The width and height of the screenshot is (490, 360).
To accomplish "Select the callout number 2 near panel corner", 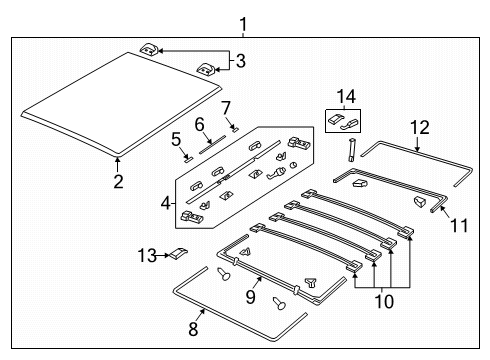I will click(117, 181).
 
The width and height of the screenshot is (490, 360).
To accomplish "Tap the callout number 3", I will click(239, 60).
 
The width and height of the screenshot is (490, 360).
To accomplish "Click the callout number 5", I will click(175, 139).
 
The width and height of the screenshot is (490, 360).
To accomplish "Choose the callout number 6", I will click(199, 123).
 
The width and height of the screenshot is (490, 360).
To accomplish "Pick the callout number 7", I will click(226, 107).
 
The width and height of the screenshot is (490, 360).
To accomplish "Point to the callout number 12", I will click(418, 127).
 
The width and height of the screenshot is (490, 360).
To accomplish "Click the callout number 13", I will click(145, 256).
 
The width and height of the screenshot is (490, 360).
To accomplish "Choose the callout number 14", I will click(346, 96).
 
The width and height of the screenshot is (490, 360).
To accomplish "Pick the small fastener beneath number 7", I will click(232, 127).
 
